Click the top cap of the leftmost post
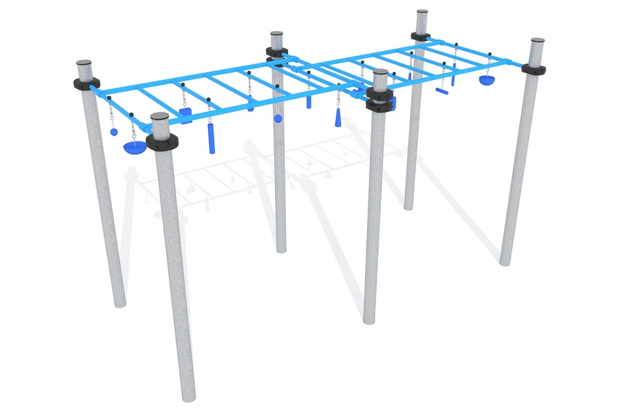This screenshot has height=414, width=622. click(x=84, y=63)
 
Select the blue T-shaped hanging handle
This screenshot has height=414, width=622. click(x=442, y=89)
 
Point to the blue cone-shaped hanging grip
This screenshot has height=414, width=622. click(x=339, y=119)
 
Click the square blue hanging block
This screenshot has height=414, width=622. click(x=185, y=114)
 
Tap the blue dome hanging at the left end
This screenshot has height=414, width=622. click(x=133, y=147)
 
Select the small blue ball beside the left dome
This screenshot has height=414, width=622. click(x=113, y=131)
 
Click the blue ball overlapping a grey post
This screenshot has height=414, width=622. click(x=278, y=119)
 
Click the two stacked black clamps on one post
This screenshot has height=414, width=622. click(x=379, y=99)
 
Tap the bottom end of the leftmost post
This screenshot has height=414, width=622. click(x=118, y=302)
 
